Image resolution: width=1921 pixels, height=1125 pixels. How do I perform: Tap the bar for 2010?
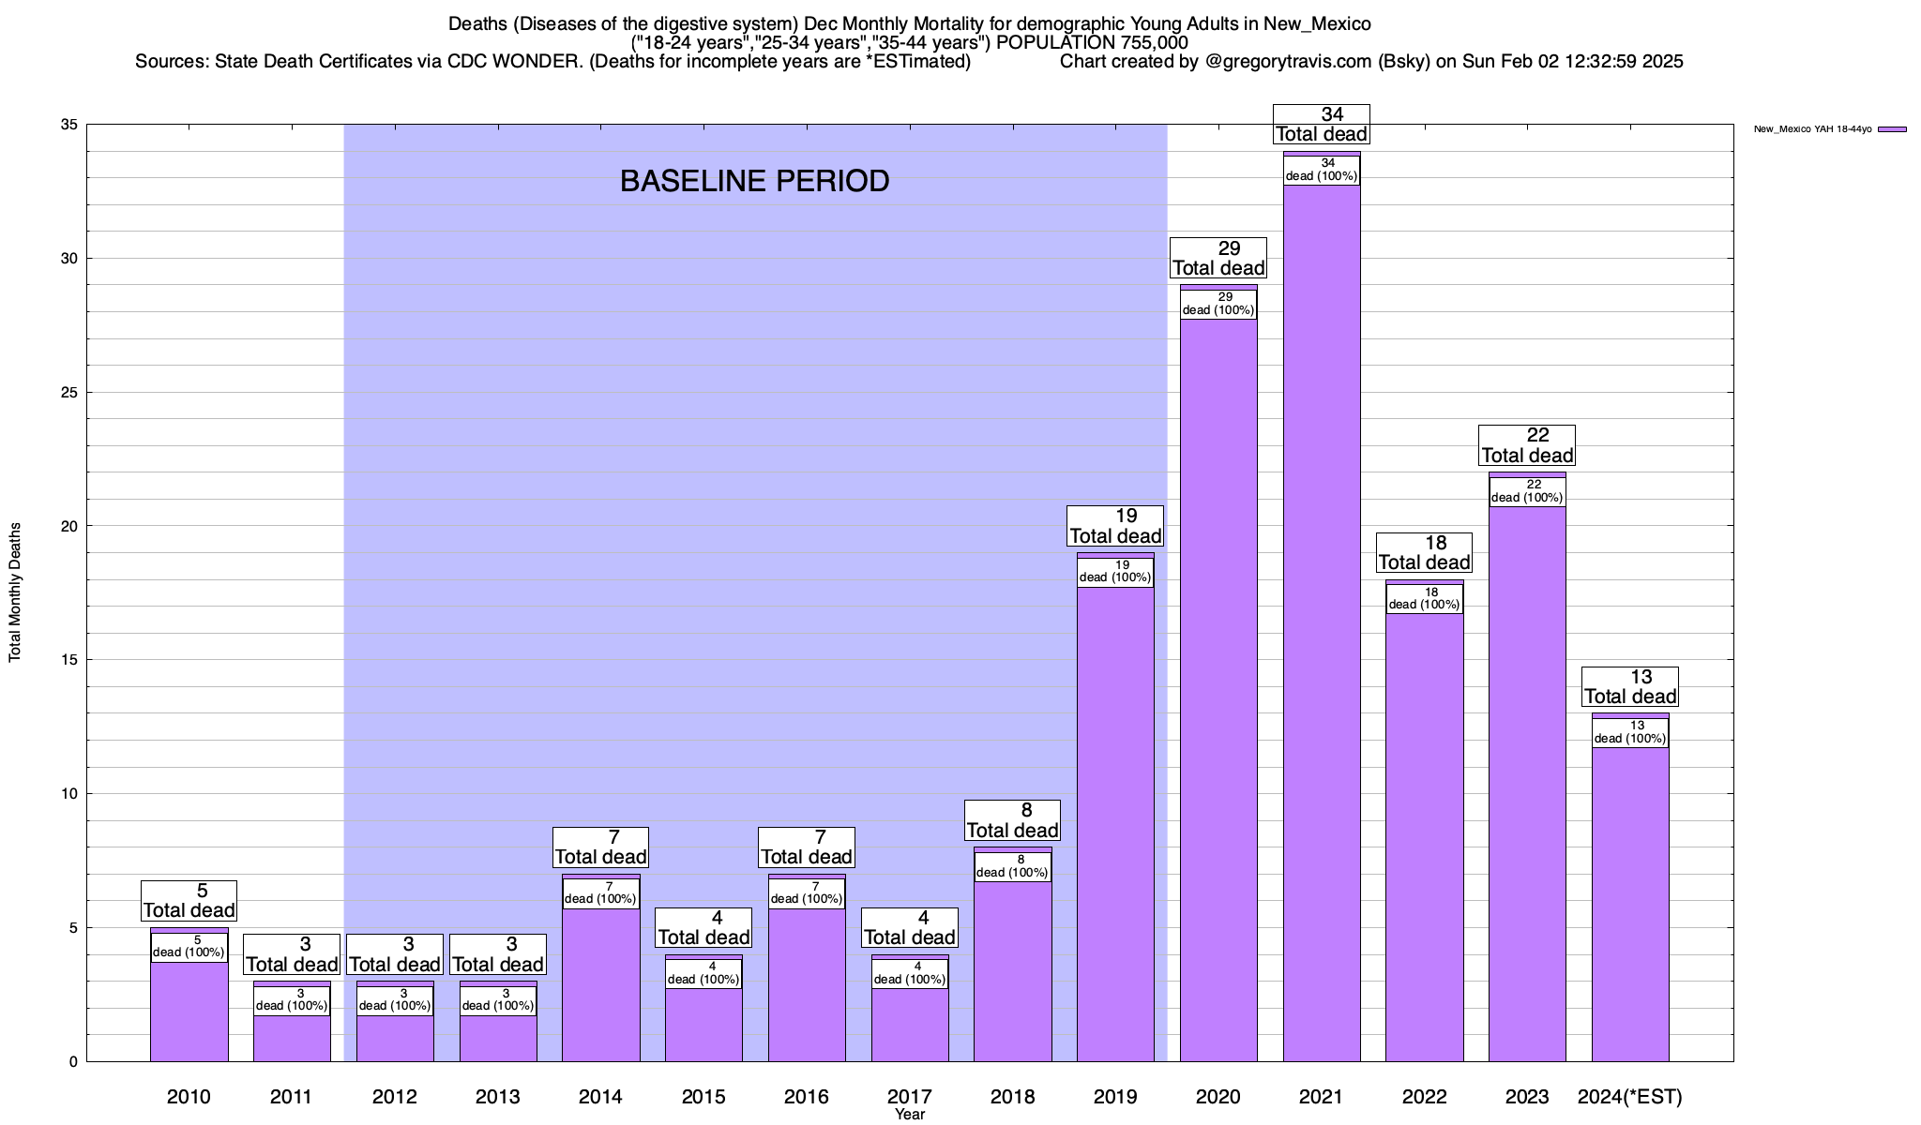click(x=189, y=1012)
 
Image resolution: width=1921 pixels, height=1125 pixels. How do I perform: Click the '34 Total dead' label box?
click(x=1321, y=125)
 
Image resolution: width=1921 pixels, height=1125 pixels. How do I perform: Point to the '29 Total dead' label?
click(x=1218, y=258)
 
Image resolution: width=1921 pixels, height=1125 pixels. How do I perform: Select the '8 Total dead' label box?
click(x=1012, y=820)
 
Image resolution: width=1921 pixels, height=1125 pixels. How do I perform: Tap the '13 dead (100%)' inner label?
click(x=1630, y=732)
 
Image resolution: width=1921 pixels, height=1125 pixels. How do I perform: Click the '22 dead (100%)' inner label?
click(x=1527, y=491)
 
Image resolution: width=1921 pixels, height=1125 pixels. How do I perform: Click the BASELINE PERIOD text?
click(x=754, y=181)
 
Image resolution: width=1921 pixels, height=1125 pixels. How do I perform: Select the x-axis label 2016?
click(x=806, y=1096)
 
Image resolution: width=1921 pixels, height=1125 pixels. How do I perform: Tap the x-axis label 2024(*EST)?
click(x=1630, y=1096)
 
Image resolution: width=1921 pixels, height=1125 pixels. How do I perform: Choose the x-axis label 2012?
click(x=394, y=1096)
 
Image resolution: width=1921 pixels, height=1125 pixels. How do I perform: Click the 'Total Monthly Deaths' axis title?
click(x=15, y=592)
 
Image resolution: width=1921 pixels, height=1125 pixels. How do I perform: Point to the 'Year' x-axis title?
click(x=909, y=1115)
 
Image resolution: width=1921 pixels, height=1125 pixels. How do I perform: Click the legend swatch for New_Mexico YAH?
click(x=1892, y=129)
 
